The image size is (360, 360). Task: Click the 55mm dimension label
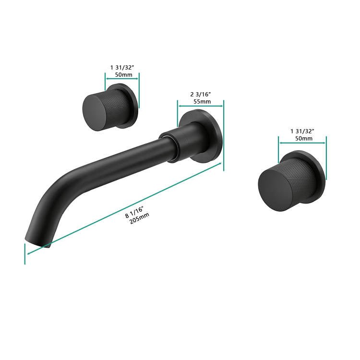[x=202, y=101]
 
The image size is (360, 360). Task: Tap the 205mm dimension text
[x=139, y=218]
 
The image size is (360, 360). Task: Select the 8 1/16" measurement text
[x=134, y=212]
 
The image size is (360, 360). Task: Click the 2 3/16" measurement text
[x=201, y=94]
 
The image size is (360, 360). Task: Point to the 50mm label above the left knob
[x=123, y=74]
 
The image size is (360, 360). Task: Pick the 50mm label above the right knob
[x=304, y=138]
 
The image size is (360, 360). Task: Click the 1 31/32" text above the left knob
[x=122, y=68]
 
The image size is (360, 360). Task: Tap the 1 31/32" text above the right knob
[x=302, y=132]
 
